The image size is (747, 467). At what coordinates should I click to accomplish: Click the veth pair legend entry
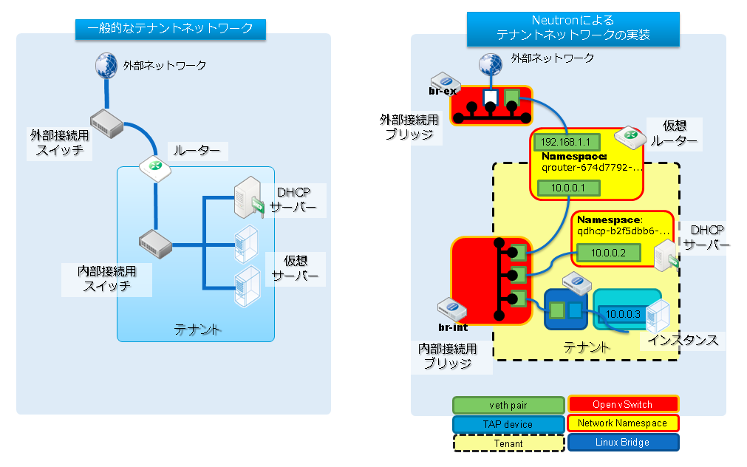(x=508, y=405)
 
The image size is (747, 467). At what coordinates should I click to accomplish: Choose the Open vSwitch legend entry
(x=623, y=404)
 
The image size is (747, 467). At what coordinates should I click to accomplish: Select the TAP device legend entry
(x=508, y=424)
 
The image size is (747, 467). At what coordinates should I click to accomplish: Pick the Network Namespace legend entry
(x=623, y=423)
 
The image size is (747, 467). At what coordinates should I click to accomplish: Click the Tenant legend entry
(x=508, y=443)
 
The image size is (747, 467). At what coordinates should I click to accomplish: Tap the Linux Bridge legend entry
(x=623, y=443)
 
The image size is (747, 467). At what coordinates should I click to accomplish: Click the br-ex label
(x=443, y=92)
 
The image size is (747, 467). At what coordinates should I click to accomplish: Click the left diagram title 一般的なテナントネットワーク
(x=171, y=29)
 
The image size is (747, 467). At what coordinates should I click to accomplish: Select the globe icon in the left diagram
(x=106, y=65)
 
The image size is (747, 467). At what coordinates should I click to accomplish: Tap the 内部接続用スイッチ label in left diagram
(x=106, y=279)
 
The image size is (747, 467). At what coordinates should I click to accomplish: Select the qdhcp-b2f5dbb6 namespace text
(x=623, y=231)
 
